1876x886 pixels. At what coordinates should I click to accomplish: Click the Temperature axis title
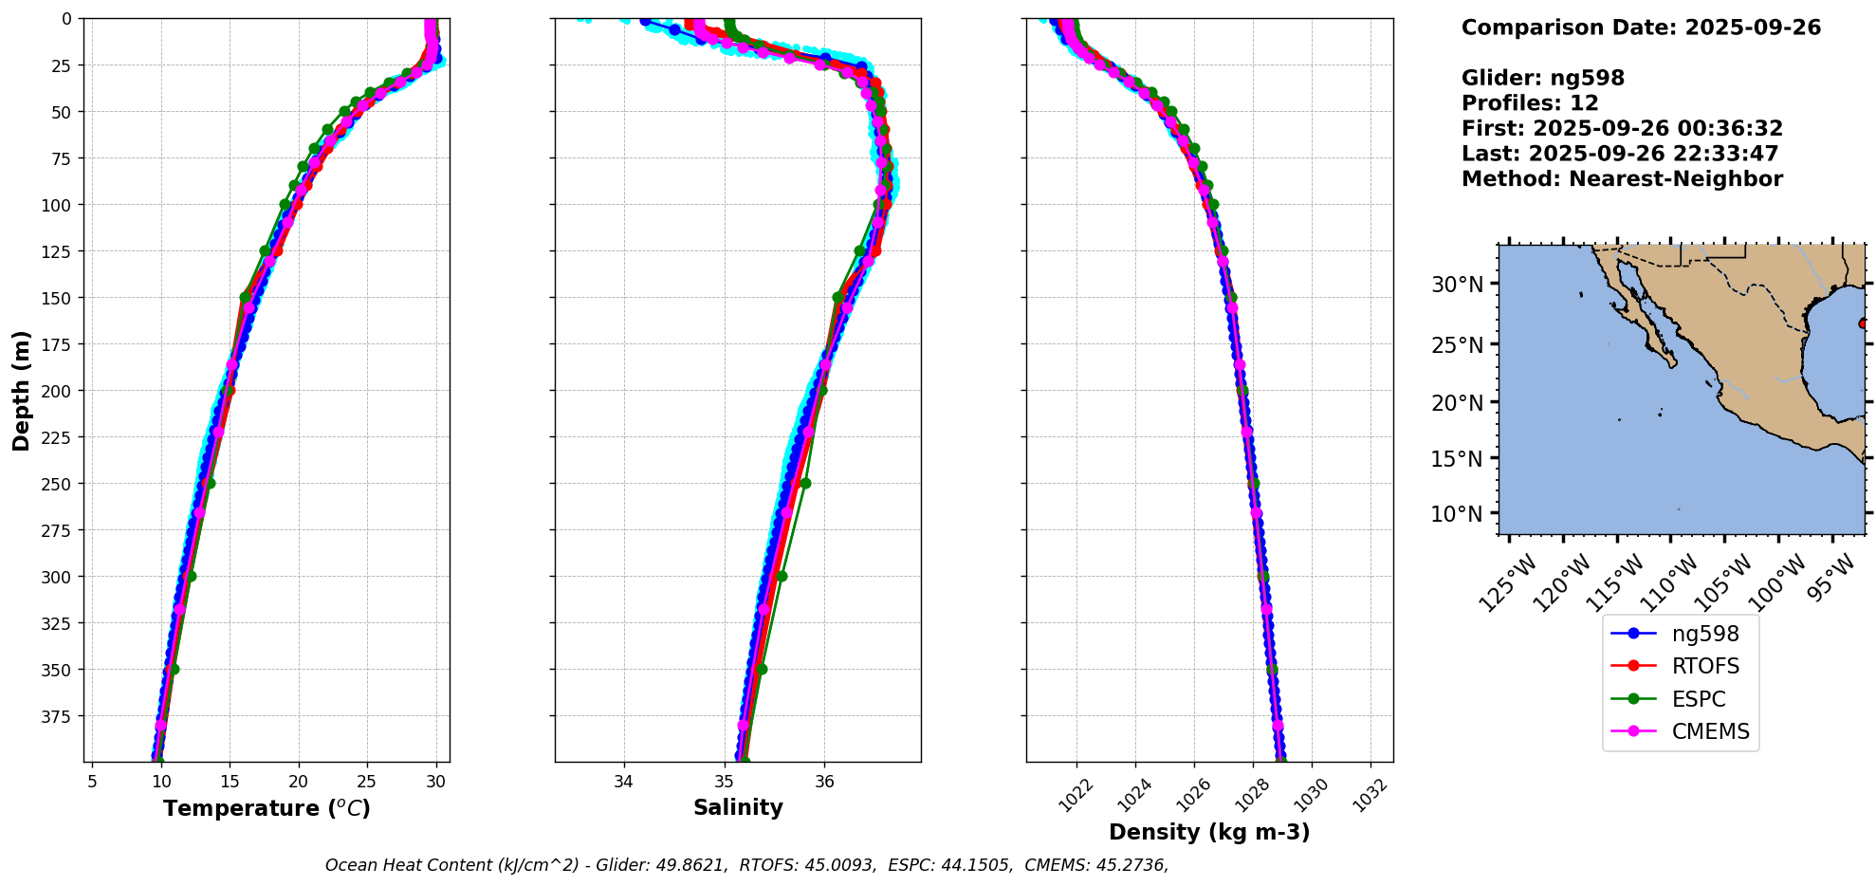click(267, 808)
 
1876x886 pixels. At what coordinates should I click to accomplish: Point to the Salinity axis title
click(738, 807)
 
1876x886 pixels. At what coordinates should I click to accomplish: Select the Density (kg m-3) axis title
click(1209, 832)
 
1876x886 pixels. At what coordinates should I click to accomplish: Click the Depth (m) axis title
click(21, 390)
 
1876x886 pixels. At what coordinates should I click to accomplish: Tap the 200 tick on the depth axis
click(59, 391)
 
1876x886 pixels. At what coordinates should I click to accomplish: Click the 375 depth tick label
click(59, 716)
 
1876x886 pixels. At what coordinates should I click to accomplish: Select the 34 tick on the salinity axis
click(623, 782)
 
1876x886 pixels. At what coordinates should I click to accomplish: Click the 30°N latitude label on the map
click(1457, 285)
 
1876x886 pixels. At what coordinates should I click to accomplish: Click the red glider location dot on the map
click(1863, 323)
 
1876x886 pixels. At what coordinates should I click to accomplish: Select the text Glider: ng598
click(1542, 78)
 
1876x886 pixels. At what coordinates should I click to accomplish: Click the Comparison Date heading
click(1641, 28)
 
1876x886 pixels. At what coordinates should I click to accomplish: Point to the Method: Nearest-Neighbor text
click(1622, 179)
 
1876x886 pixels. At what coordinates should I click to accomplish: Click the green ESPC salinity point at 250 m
click(805, 483)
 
